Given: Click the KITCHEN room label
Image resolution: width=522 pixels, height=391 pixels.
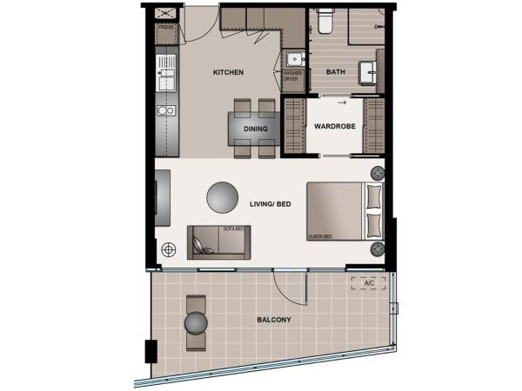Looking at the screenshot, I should click(228, 72).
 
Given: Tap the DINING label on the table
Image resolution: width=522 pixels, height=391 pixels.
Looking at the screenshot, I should click(255, 129).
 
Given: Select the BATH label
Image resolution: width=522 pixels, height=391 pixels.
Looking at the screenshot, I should click(336, 72).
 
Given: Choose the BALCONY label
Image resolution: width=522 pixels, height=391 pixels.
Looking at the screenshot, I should click(274, 320).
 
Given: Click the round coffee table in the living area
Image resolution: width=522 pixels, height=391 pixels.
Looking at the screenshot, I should click(221, 196).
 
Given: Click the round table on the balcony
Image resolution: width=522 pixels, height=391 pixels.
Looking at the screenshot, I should click(196, 322).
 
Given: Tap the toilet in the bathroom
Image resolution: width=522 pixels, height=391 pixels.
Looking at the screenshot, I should click(326, 19).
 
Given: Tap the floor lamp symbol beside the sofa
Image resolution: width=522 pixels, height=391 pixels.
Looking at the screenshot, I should click(168, 250).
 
